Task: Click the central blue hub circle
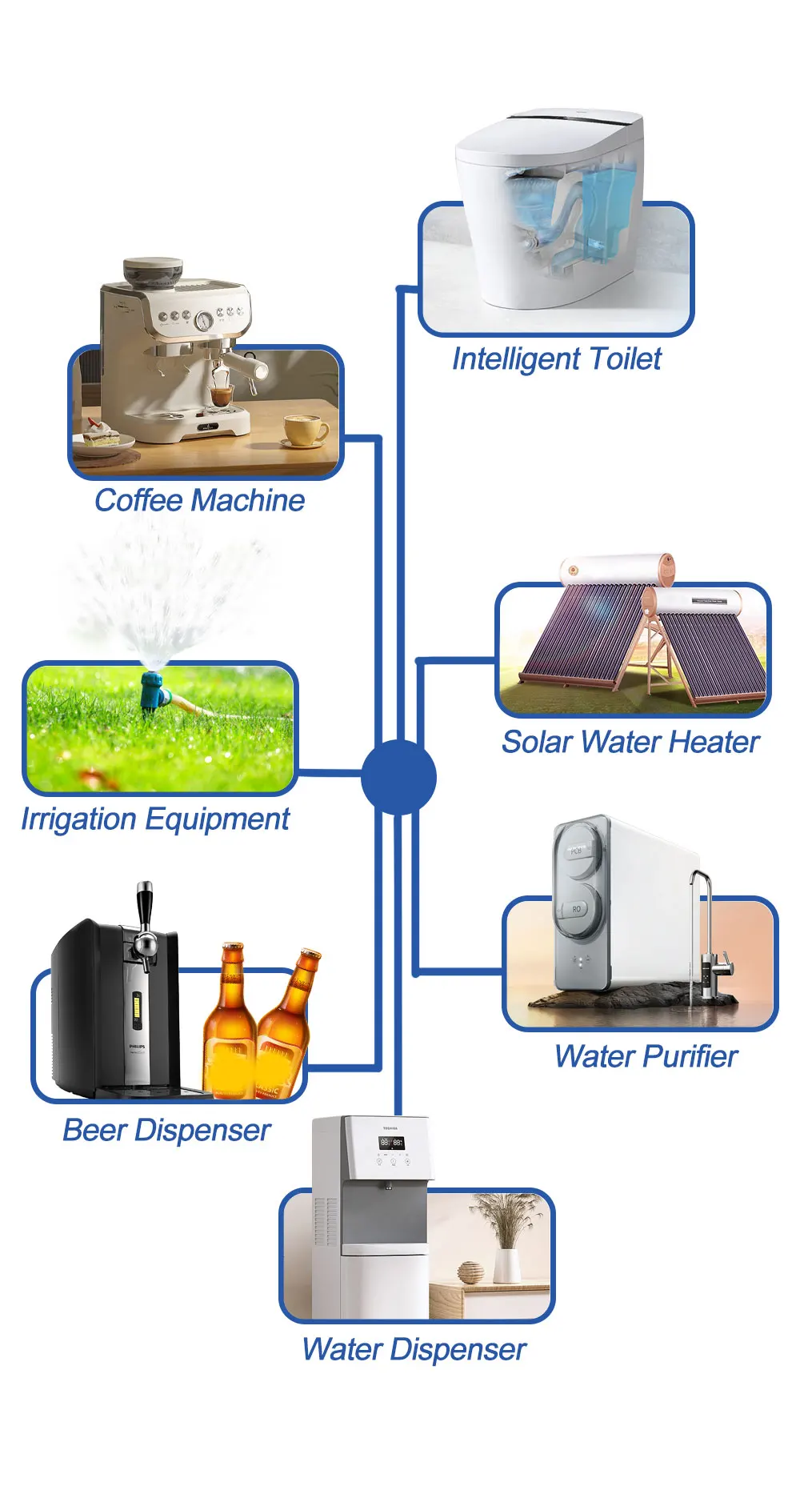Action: click(398, 777)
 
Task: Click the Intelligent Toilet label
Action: click(557, 358)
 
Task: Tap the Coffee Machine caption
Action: click(200, 500)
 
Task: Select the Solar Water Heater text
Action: click(630, 742)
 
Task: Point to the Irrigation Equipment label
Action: click(155, 819)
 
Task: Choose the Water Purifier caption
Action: click(646, 1056)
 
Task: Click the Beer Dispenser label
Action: click(166, 1130)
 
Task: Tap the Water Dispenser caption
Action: click(414, 1349)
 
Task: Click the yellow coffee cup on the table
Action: click(304, 429)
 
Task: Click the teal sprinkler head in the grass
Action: click(151, 689)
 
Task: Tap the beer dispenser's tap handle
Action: click(144, 904)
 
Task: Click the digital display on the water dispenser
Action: click(391, 1143)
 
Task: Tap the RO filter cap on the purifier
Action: click(577, 909)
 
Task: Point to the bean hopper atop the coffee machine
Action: click(152, 272)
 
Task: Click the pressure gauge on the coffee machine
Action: click(204, 320)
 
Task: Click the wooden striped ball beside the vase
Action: click(469, 1272)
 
